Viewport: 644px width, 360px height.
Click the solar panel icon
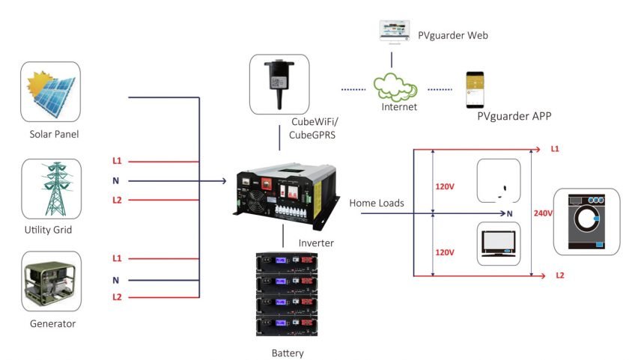[50, 92]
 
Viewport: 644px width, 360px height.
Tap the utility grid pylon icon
[50, 188]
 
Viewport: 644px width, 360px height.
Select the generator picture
[50, 282]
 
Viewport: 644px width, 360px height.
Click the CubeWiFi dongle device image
[279, 83]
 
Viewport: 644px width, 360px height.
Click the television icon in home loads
[499, 243]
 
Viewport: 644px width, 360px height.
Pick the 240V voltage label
[543, 213]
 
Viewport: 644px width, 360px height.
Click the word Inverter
[316, 243]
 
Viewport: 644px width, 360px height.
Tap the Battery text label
[288, 353]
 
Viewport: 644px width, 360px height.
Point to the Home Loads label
[376, 202]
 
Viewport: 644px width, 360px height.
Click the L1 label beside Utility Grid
[117, 162]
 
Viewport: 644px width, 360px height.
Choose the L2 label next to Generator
[117, 297]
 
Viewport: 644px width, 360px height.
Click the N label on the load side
[510, 213]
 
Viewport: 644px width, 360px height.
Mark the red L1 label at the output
[555, 149]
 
